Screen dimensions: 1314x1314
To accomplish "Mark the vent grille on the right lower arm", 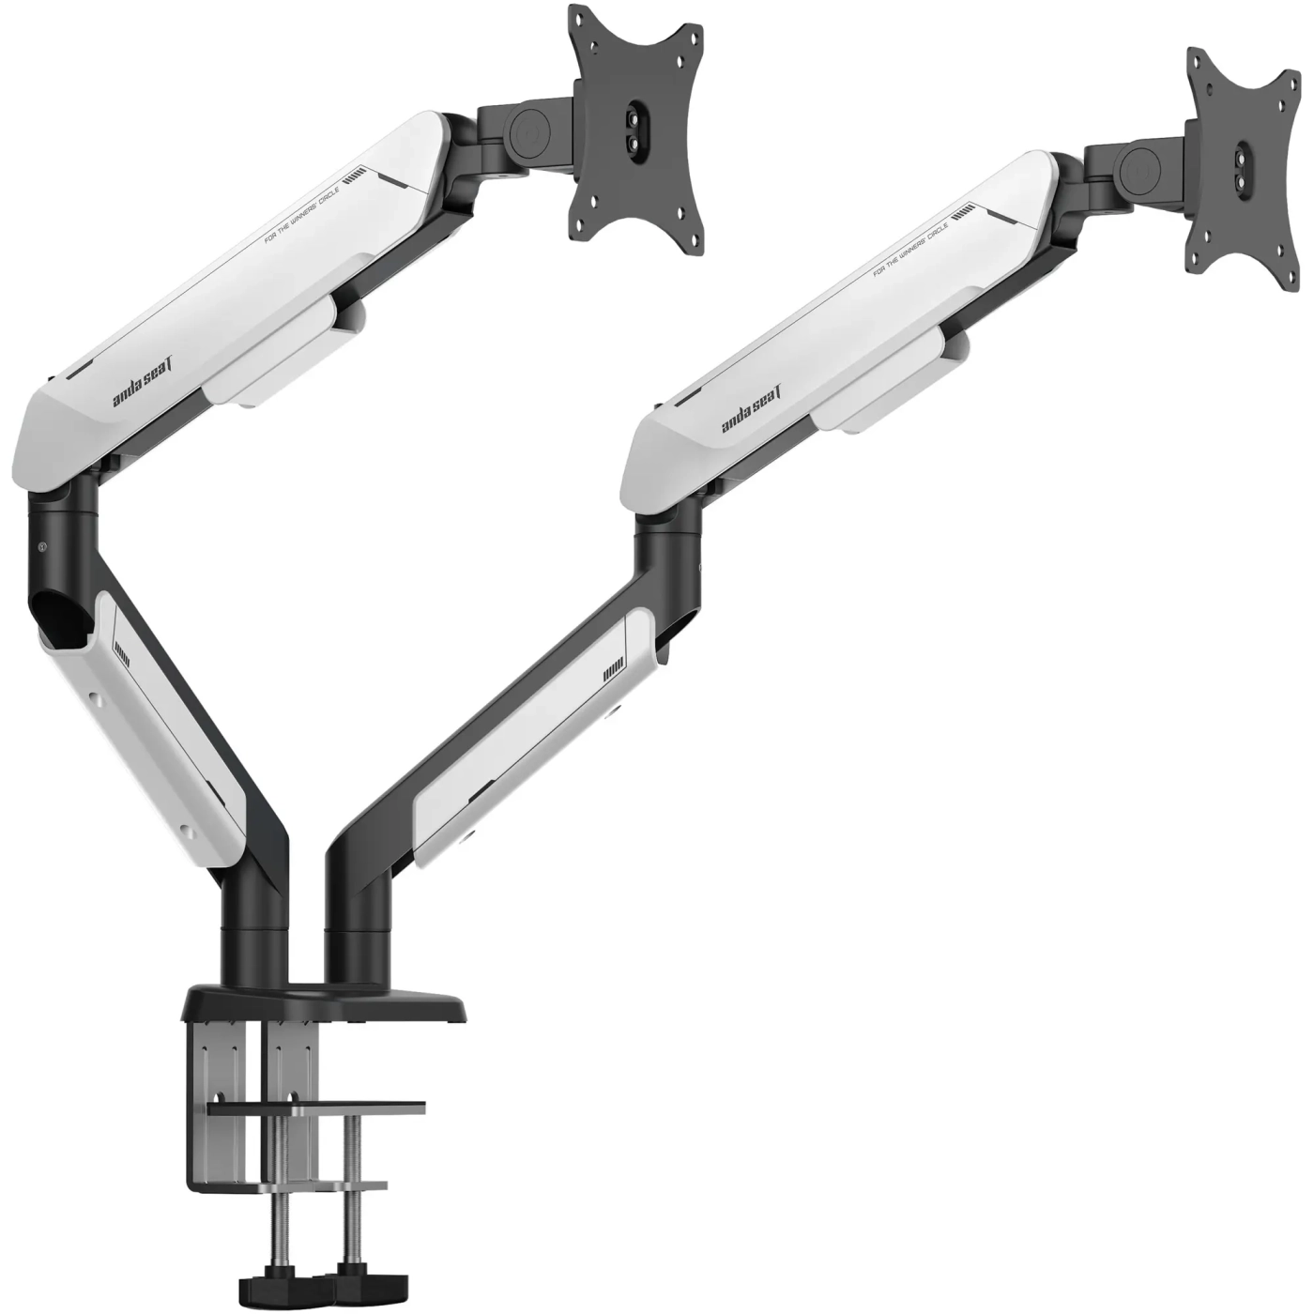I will pos(615,670).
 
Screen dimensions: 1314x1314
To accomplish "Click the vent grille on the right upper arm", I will pos(965,214).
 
